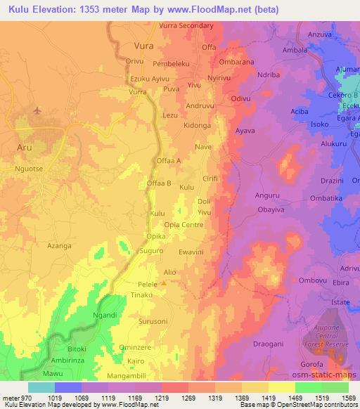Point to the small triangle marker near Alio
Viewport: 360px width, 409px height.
(164, 283)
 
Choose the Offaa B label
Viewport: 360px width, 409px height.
(159, 183)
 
